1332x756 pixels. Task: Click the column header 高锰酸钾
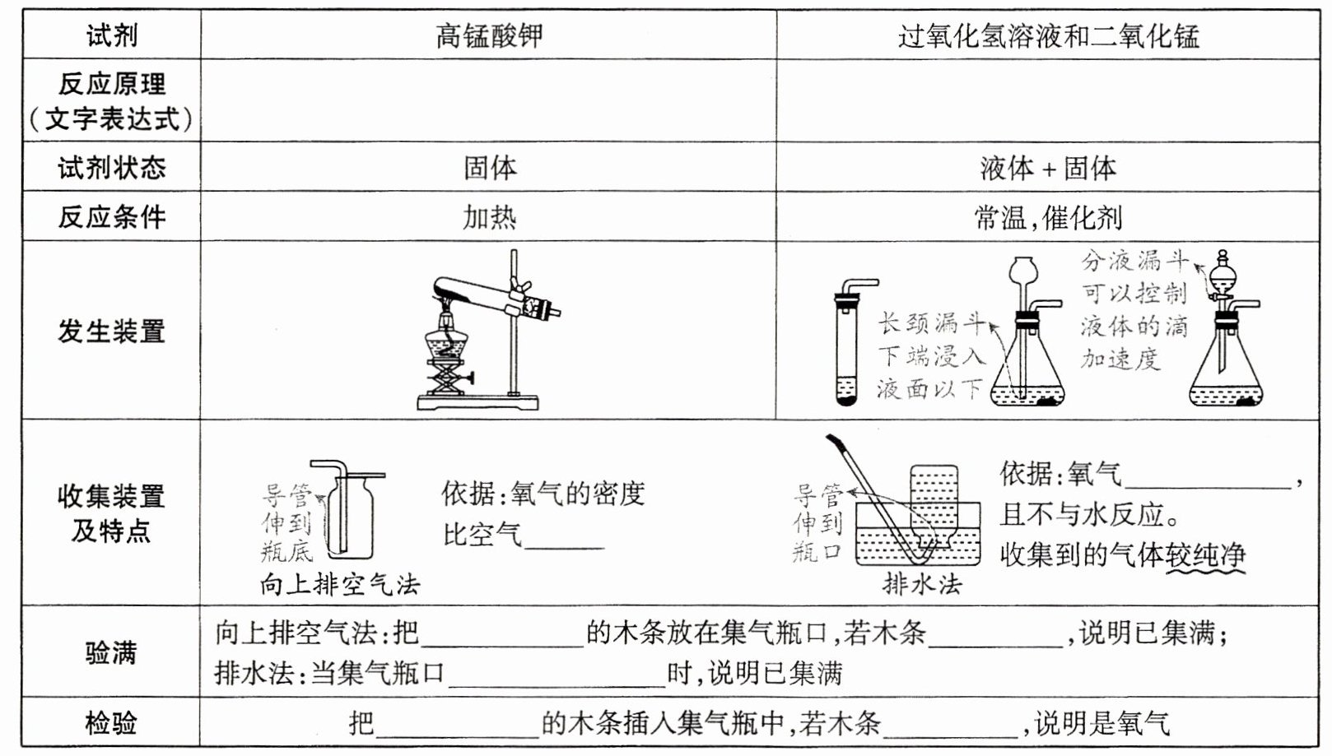(x=488, y=35)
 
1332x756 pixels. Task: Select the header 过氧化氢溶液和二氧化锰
(x=1048, y=36)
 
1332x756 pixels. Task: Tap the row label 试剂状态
(x=111, y=168)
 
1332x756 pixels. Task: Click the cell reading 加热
(x=489, y=217)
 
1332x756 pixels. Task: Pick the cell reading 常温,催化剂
(x=1048, y=217)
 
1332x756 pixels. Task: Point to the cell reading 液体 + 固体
(x=1048, y=168)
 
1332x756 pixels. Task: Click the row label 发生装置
(x=111, y=332)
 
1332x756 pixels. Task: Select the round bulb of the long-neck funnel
(x=1023, y=269)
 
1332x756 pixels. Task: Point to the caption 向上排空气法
(x=340, y=585)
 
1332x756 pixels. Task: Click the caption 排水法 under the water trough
(x=921, y=584)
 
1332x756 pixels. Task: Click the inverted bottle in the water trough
(x=934, y=502)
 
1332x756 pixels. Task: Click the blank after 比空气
(x=564, y=536)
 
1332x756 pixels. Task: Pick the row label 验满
(x=111, y=653)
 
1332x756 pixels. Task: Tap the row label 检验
(x=111, y=724)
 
